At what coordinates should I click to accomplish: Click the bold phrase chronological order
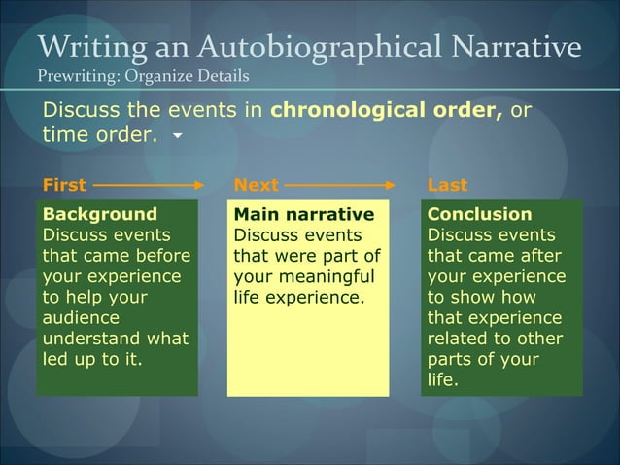(386, 110)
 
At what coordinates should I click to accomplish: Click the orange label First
(63, 184)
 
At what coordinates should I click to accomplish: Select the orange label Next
(257, 184)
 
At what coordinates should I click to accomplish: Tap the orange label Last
(447, 184)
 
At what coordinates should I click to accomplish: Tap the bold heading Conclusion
(480, 214)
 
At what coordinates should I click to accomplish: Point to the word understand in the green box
(94, 339)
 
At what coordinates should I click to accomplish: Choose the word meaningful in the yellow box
(329, 276)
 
